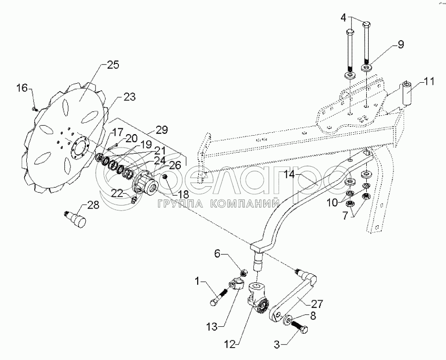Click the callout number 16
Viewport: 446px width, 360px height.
coord(22,88)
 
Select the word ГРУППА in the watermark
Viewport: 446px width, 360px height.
coord(178,204)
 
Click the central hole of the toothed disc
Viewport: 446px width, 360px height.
coord(80,148)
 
